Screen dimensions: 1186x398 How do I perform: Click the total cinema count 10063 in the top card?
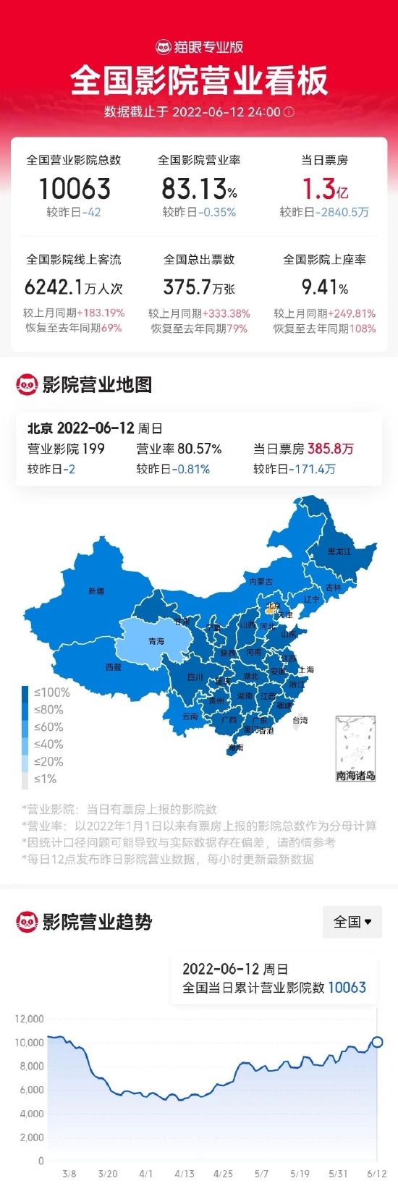point(75,190)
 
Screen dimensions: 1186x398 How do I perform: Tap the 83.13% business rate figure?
point(199,190)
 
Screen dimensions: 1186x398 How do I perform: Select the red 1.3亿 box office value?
point(325,190)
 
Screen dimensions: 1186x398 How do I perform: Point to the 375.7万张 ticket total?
point(199,288)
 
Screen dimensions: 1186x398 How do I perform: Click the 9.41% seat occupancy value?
point(325,288)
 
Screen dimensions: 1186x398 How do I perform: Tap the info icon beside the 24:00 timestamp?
point(289,112)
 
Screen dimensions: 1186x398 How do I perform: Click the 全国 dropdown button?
point(352,922)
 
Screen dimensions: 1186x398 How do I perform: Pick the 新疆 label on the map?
point(96,591)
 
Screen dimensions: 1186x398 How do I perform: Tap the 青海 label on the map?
point(156,641)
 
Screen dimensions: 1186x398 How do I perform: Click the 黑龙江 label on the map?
point(339,551)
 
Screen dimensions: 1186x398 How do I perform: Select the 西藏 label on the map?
point(114,667)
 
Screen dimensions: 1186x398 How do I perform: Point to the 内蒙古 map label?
point(261,582)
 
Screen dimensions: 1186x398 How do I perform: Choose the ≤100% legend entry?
point(51,692)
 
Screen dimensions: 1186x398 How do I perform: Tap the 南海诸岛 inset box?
point(355,749)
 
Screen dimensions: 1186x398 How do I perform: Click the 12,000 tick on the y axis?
point(30,1019)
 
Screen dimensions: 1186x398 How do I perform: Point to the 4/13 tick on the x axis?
point(184,1174)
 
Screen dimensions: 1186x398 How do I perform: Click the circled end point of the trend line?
point(377,1042)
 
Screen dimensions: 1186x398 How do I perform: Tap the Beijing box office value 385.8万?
point(330,449)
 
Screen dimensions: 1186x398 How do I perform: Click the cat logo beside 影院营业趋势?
point(27,922)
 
